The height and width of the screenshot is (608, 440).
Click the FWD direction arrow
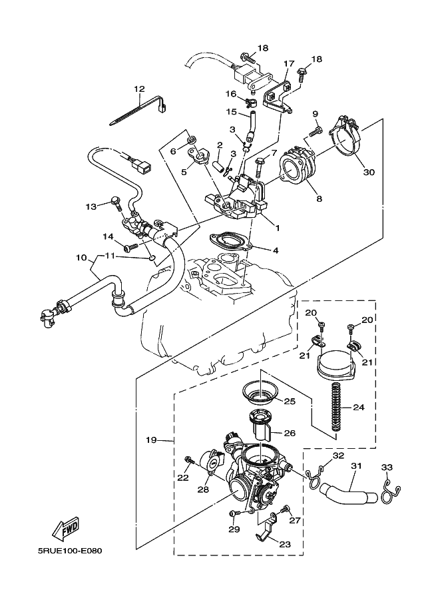click(66, 529)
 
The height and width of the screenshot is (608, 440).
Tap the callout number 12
click(139, 89)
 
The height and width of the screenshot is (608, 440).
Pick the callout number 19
click(151, 440)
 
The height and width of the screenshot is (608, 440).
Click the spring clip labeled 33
click(390, 491)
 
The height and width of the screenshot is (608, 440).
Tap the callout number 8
click(319, 199)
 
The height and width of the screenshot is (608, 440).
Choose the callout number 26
click(290, 433)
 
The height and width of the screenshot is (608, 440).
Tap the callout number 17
click(289, 63)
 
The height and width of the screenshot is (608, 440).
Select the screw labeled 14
click(131, 246)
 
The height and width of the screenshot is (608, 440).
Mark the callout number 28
click(203, 489)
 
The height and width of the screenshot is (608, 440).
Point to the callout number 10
click(81, 257)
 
